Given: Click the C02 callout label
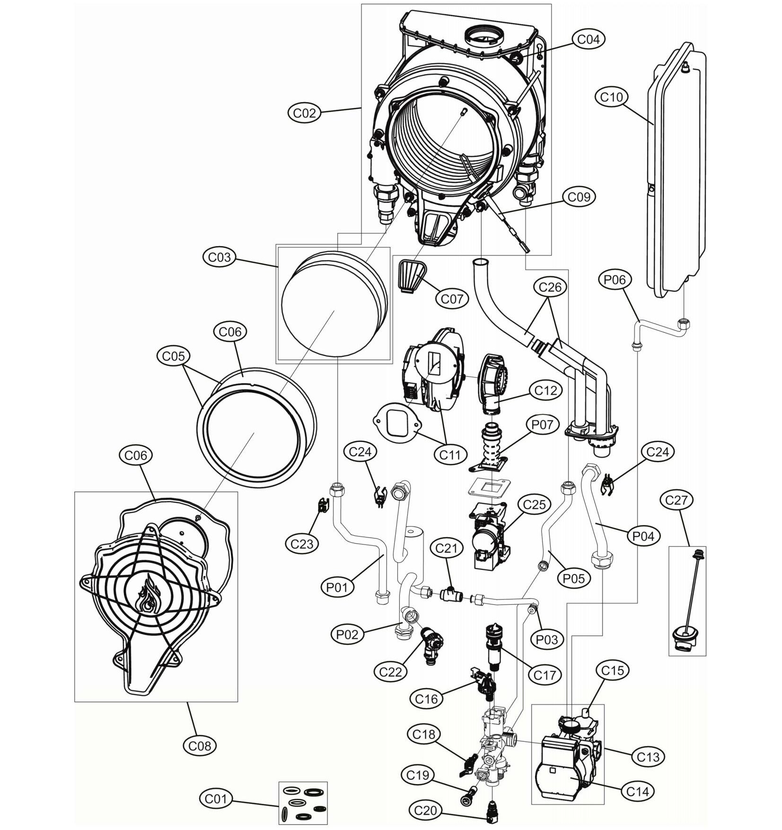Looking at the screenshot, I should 304,113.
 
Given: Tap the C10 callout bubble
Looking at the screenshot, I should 611,97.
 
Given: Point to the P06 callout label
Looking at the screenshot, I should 615,280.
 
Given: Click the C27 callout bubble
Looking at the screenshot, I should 678,500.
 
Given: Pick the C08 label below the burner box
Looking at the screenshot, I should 199,746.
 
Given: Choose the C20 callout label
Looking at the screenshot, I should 425,811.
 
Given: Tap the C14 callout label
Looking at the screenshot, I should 637,791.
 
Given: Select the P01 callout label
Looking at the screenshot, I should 337,588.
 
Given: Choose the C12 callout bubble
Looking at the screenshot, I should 545,390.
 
